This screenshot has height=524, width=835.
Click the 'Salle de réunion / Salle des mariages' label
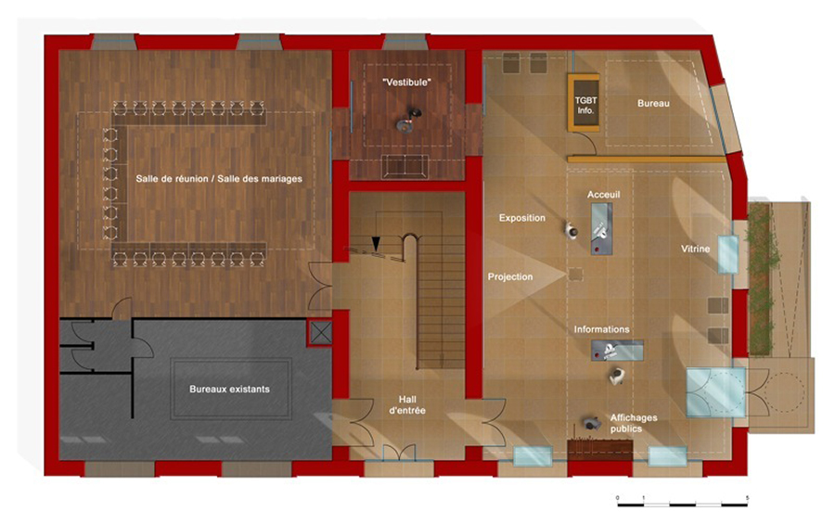[x=218, y=179]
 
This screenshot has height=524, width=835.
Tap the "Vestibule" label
[x=407, y=83]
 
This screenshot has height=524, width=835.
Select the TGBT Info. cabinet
[x=584, y=103]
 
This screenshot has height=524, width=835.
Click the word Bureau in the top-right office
[x=653, y=103]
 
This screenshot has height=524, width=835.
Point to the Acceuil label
[x=603, y=195]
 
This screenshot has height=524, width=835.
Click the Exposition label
[x=521, y=218]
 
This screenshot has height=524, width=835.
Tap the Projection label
[x=510, y=277]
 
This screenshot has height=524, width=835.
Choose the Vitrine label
[x=696, y=249]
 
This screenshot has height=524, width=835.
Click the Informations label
[x=601, y=329]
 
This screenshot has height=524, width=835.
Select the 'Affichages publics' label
[x=633, y=423]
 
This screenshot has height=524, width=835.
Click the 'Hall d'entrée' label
[x=407, y=405]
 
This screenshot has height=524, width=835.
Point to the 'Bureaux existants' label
[x=229, y=390]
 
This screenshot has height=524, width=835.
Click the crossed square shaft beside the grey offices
[x=321, y=333]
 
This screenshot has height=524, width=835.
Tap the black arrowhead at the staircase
[x=376, y=244]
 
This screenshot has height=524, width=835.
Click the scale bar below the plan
[x=682, y=504]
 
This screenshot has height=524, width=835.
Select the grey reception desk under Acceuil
[x=602, y=229]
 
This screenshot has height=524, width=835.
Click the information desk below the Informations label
[x=617, y=351]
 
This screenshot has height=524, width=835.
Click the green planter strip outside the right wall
[x=761, y=279]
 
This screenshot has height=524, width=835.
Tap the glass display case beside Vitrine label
[x=728, y=254]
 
